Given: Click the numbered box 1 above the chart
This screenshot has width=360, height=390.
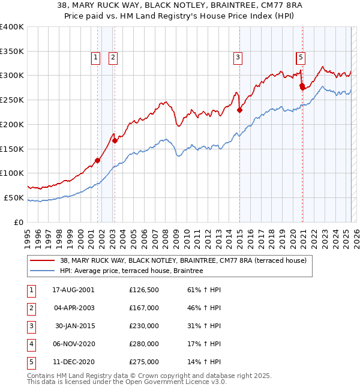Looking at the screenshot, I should pyautogui.click(x=95, y=58).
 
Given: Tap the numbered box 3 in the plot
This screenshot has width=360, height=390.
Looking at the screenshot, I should pyautogui.click(x=238, y=58).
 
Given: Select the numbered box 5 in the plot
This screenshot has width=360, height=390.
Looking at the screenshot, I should pyautogui.click(x=300, y=58).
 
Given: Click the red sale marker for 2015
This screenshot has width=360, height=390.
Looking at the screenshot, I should pyautogui.click(x=239, y=110).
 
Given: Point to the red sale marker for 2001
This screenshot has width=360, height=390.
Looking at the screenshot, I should pyautogui.click(x=97, y=160).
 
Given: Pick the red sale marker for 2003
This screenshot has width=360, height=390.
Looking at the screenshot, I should pyautogui.click(x=115, y=140).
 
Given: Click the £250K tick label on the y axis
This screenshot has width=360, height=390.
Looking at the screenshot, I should pyautogui.click(x=12, y=100).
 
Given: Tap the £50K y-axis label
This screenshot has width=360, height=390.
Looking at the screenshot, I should pyautogui.click(x=14, y=197).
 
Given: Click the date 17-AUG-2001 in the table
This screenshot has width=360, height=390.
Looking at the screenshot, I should pyautogui.click(x=73, y=290).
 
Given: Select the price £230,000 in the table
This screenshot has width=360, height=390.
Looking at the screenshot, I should pyautogui.click(x=144, y=326).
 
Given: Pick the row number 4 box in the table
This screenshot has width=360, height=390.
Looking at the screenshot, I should pyautogui.click(x=31, y=344).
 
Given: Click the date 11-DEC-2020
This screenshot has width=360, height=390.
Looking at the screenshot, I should pyautogui.click(x=73, y=362).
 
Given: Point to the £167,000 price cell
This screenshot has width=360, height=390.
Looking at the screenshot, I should pyautogui.click(x=144, y=308).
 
